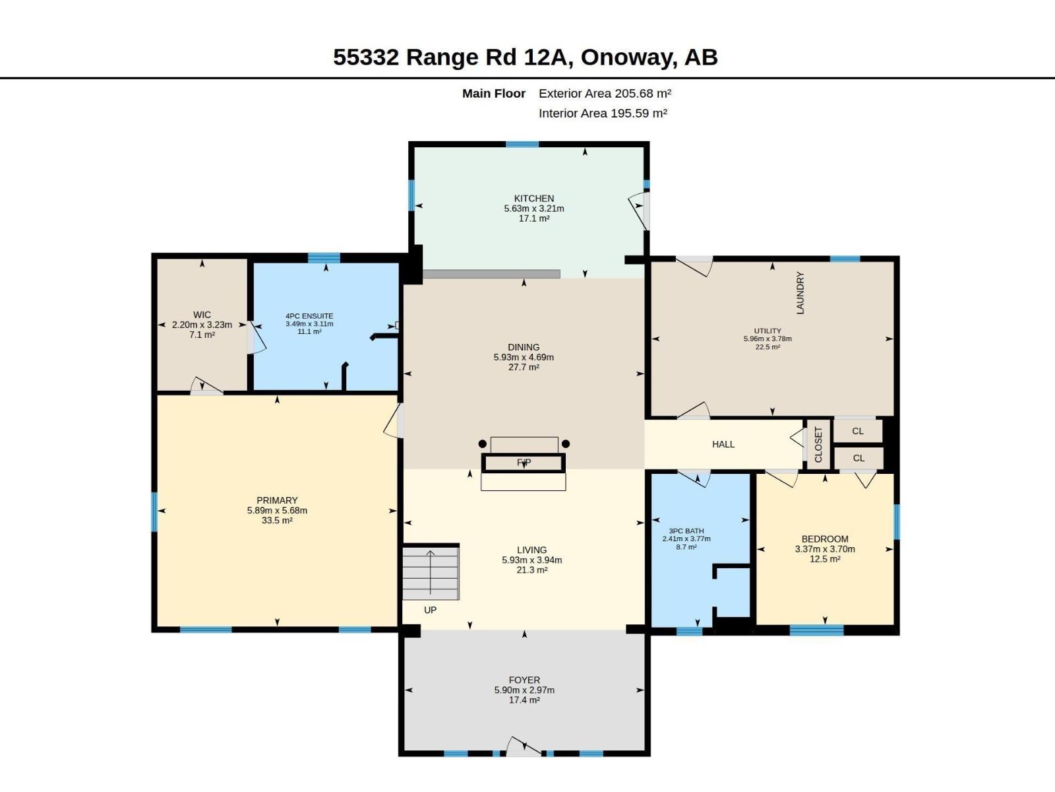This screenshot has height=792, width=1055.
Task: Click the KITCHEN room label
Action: pyautogui.click(x=533, y=198)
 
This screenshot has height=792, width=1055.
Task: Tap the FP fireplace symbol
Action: pyautogui.click(x=524, y=463)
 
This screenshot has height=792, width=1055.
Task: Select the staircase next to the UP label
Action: pyautogui.click(x=431, y=572)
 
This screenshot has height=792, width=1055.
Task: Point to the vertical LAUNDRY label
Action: pyautogui.click(x=800, y=293)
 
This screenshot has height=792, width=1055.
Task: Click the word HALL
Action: pyautogui.click(x=723, y=444)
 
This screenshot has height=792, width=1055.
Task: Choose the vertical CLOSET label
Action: pyautogui.click(x=818, y=444)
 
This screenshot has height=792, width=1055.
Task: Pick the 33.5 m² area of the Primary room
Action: pyautogui.click(x=277, y=520)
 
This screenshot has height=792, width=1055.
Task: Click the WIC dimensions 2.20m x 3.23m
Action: pyautogui.click(x=202, y=325)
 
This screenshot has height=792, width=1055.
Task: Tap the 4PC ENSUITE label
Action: pyautogui.click(x=309, y=316)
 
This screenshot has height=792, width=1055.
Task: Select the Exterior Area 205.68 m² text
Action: pyautogui.click(x=605, y=93)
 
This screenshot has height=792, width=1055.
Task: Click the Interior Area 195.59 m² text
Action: pyautogui.click(x=603, y=113)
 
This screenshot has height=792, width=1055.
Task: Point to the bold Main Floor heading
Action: pyautogui.click(x=494, y=93)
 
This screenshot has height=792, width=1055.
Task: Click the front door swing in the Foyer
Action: pyautogui.click(x=524, y=746)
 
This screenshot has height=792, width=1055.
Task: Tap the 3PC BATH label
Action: pyautogui.click(x=686, y=531)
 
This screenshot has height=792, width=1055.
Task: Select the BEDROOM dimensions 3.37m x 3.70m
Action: pyautogui.click(x=825, y=548)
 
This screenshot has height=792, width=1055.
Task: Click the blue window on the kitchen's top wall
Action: pyautogui.click(x=522, y=145)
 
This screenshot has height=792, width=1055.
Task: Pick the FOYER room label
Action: pyautogui.click(x=524, y=680)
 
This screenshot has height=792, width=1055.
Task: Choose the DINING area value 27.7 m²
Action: pyautogui.click(x=524, y=367)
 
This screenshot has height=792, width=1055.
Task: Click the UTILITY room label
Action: pyautogui.click(x=767, y=331)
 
